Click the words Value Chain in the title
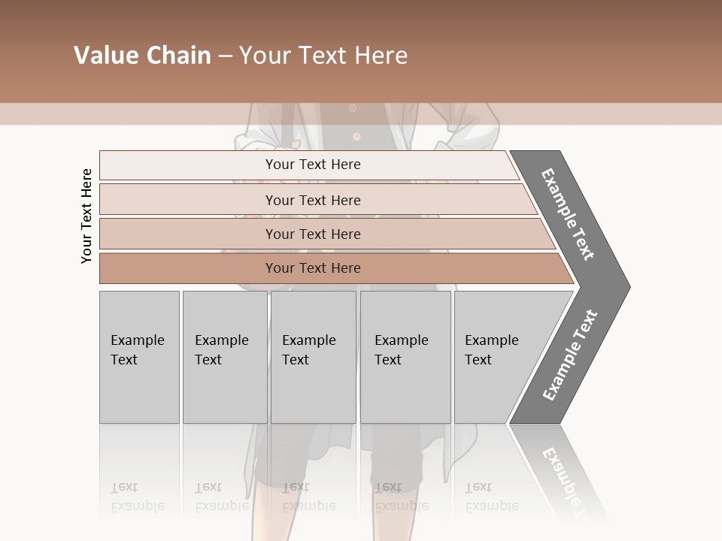pos(142,56)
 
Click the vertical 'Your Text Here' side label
pos(86,216)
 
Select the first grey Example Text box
pos(139,357)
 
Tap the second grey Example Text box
pos(224,357)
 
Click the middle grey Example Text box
pos(313,357)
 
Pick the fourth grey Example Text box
pos(405,357)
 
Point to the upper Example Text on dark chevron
pos(568,214)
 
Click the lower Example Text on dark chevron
pos(569,355)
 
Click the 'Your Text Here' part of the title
pos(323,56)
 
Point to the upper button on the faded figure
pos(353,108)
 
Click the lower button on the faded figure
pos(356,137)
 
